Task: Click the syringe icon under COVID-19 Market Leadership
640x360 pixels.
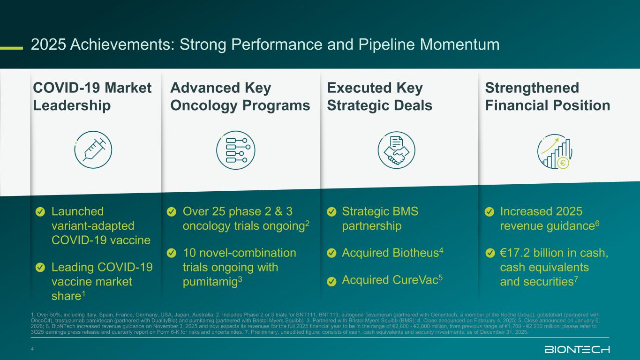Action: click(x=93, y=150)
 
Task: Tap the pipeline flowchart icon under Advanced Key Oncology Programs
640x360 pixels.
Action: click(x=236, y=150)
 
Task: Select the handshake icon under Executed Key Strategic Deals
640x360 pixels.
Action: click(x=396, y=150)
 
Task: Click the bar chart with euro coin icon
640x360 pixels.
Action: click(x=555, y=152)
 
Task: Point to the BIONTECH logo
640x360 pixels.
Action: click(x=577, y=349)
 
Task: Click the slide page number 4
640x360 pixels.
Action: click(x=32, y=349)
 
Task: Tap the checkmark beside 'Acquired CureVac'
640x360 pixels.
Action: click(x=331, y=281)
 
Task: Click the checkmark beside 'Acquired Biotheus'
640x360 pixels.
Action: click(x=331, y=253)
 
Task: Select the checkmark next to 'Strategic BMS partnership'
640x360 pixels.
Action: click(x=331, y=212)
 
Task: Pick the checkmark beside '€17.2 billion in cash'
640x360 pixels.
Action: click(x=489, y=253)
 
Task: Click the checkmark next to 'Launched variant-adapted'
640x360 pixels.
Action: click(x=40, y=212)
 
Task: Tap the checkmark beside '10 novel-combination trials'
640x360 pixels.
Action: click(x=172, y=253)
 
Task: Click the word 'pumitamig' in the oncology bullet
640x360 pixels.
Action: click(x=210, y=282)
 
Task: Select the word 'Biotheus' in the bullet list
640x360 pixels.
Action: click(x=415, y=253)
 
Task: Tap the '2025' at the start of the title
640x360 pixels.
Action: click(x=48, y=45)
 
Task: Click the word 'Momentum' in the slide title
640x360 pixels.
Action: click(x=459, y=45)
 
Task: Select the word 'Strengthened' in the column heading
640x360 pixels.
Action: click(x=532, y=88)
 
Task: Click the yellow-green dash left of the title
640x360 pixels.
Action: click(x=11, y=48)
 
